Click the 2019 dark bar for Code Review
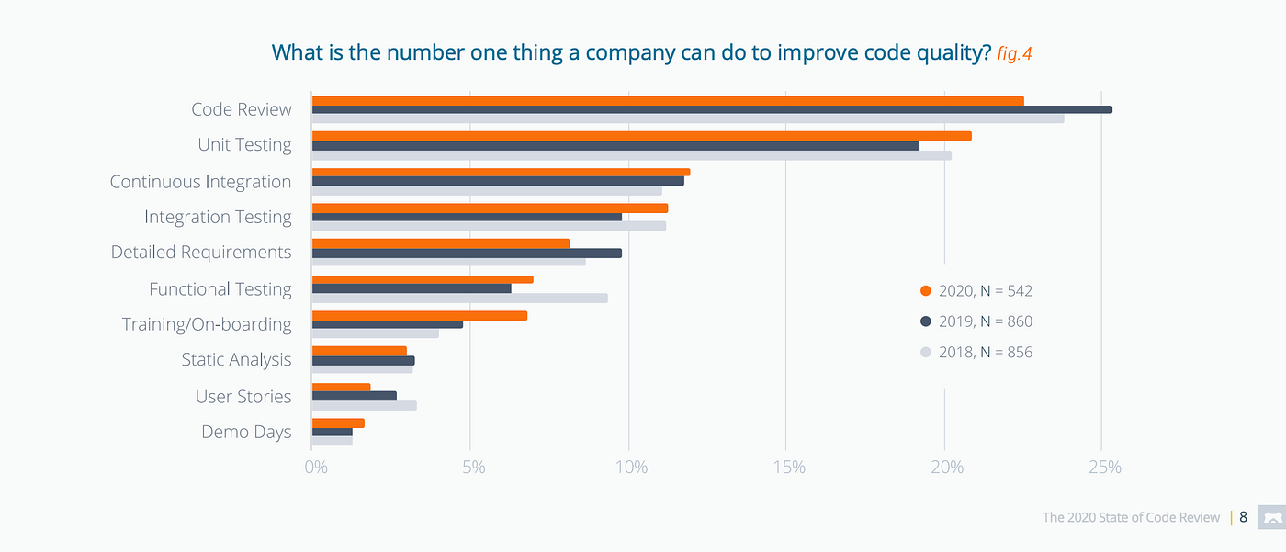712,109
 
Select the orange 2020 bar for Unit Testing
641,136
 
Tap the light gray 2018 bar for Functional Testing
459,298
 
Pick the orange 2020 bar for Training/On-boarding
420,315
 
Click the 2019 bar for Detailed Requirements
467,253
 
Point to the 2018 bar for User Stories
364,405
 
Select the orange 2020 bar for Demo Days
338,422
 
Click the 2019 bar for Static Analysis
363,360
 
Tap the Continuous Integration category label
200,182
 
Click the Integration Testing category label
218,218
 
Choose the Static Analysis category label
236,360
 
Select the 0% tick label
316,468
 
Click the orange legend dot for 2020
926,291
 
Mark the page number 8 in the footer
1243,517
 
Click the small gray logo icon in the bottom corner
1271,518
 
